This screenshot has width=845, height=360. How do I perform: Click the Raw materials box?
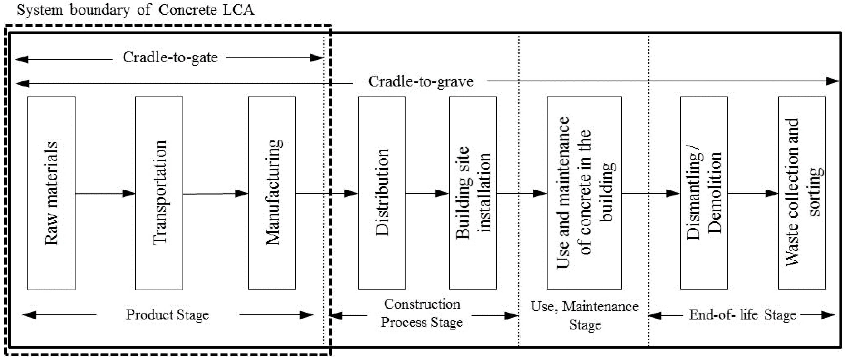(x=51, y=193)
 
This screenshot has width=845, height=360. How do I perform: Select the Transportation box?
(x=159, y=193)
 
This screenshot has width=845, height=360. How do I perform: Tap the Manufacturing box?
(x=272, y=193)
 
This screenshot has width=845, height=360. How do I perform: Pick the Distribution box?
(x=382, y=193)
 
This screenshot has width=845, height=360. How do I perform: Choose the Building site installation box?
(x=473, y=193)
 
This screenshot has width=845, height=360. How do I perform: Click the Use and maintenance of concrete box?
(x=584, y=193)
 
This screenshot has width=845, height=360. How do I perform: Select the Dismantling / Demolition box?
(x=704, y=193)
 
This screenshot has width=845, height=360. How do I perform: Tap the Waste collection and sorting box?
(x=802, y=193)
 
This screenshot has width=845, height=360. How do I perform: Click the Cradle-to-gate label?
(x=170, y=58)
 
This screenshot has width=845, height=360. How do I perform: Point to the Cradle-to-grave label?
(x=421, y=82)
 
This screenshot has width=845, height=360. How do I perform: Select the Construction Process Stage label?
(x=422, y=313)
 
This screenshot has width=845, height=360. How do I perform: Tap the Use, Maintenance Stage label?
(x=585, y=315)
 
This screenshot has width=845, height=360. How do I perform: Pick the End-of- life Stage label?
(x=742, y=315)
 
